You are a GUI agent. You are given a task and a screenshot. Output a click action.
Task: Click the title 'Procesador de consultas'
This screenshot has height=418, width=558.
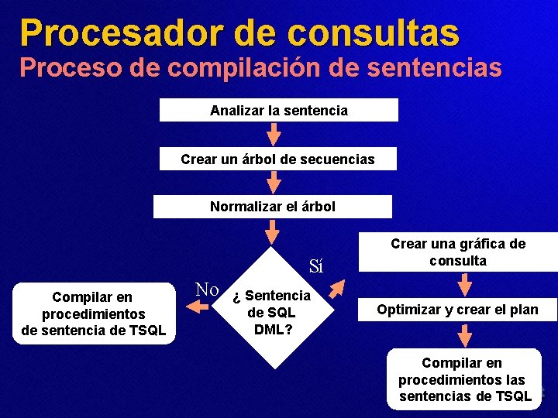point(239,32)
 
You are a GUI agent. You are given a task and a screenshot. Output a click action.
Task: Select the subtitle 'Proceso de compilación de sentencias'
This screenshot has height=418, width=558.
point(260,67)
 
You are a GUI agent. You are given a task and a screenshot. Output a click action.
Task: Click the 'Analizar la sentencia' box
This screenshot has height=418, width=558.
point(279,111)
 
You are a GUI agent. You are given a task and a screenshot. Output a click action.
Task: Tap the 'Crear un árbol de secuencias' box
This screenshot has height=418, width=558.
point(277,159)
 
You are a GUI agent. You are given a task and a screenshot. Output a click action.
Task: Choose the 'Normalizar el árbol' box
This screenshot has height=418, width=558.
point(273,207)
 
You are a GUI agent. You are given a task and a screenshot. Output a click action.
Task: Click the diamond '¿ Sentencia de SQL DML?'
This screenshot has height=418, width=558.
point(273,306)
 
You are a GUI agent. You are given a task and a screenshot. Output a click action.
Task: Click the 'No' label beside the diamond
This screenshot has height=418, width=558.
point(207,290)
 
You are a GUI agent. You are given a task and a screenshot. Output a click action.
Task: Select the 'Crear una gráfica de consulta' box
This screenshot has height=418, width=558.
point(458,252)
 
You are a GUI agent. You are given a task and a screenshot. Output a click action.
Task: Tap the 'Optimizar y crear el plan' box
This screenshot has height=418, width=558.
point(456,310)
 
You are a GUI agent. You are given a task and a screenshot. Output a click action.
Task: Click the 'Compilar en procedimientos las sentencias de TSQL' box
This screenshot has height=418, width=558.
point(462,379)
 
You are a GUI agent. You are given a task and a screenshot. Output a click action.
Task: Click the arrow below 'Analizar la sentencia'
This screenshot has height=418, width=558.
point(273,134)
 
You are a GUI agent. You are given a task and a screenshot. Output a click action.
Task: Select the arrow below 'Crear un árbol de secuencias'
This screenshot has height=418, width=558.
point(273,183)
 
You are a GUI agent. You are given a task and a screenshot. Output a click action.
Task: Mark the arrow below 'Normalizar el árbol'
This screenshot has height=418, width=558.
point(273,231)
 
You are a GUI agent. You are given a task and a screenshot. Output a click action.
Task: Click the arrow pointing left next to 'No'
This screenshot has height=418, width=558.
point(198,307)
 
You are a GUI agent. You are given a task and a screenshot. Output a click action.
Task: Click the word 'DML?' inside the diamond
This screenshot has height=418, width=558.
point(272,329)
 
